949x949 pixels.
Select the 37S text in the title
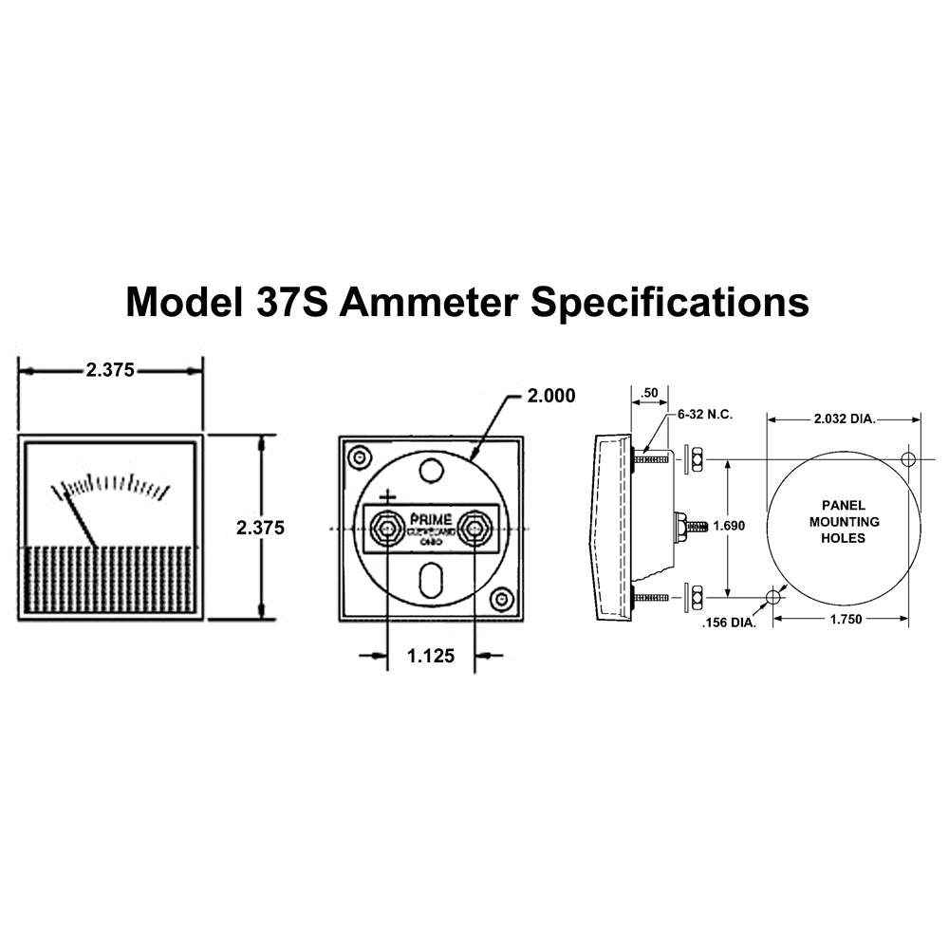click(291, 302)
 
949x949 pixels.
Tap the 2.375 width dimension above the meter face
click(110, 371)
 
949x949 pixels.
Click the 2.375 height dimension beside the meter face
click(260, 528)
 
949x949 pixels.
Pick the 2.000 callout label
click(551, 396)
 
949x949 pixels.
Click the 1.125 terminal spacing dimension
click(431, 655)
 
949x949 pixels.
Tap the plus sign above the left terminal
click(387, 496)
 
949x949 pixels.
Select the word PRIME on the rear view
click(431, 518)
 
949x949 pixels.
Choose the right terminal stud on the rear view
click(474, 528)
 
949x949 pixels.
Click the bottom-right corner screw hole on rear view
click(502, 599)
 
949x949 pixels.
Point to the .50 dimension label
click(649, 393)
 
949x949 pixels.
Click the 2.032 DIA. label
click(844, 418)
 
